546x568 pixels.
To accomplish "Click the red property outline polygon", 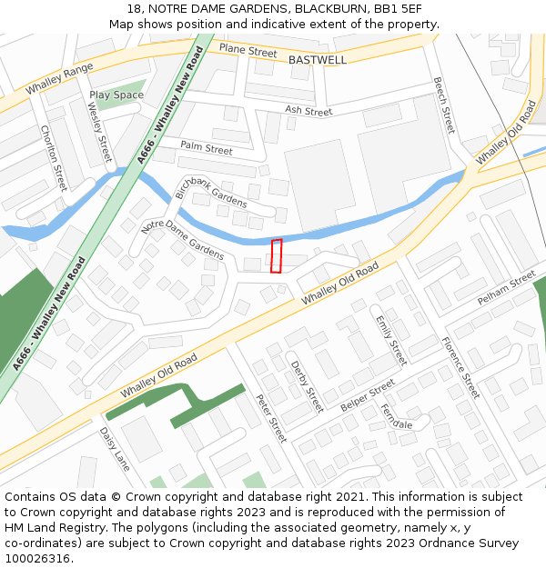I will [277, 255].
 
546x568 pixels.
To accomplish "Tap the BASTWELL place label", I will [318, 60].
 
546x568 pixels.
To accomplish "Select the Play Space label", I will [116, 95].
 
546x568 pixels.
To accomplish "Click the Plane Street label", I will [248, 51].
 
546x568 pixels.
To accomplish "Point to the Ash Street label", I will [308, 111].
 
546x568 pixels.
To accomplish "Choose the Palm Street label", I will [207, 147].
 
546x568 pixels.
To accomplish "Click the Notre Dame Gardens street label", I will [183, 240].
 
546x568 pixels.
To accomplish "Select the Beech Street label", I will [443, 105].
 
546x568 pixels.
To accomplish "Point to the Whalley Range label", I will [60, 79].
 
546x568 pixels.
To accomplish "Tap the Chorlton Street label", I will [54, 158].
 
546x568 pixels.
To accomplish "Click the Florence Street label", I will [460, 368].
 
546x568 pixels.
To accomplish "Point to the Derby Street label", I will [307, 386].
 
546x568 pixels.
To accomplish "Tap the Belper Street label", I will [368, 394].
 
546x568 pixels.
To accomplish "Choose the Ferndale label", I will [397, 418].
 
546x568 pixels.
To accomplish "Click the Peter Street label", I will [271, 417].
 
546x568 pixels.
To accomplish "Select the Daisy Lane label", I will [115, 449].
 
